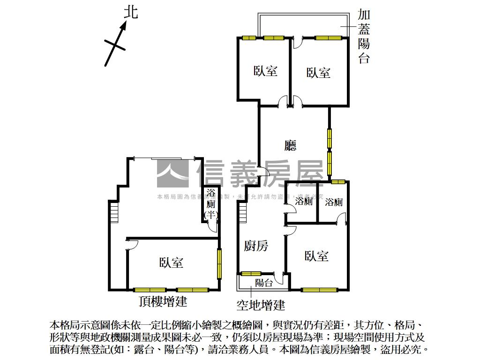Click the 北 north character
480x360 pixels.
point(131,12)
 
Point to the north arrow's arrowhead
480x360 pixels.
point(124,27)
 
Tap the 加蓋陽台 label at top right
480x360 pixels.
point(364,37)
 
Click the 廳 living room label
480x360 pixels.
point(291,146)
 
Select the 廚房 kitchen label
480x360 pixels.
point(256,246)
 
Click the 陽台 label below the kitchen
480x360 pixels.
point(264,282)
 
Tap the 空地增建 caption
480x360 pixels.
point(261,306)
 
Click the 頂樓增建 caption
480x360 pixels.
point(163,301)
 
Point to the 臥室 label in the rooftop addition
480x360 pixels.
point(171,262)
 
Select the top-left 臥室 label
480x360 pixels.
point(266,71)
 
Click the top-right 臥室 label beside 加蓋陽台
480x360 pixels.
point(319,73)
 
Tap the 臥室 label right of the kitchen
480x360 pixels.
point(316,256)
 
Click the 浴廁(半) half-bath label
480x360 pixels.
point(211,204)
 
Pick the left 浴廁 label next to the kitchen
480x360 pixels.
point(304,202)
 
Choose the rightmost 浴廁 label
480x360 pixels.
point(334,202)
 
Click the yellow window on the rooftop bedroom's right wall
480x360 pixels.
point(219,263)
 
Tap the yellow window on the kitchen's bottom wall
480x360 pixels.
point(251,273)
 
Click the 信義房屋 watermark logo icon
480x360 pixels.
point(172,173)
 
